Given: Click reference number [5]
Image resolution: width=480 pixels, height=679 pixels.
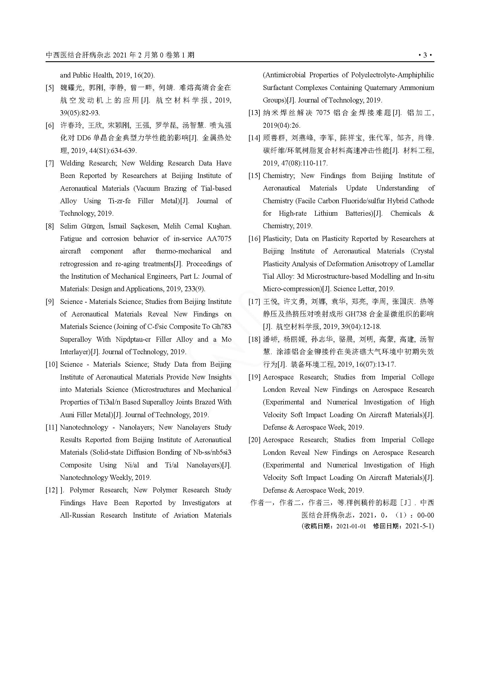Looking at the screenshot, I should (50, 88).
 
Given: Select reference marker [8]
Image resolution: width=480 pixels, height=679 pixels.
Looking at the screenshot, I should (50, 226).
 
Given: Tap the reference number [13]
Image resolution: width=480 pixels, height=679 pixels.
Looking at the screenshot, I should (255, 113).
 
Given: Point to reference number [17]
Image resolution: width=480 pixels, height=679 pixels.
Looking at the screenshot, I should (255, 302).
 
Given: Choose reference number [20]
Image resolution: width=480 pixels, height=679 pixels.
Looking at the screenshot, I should (255, 440).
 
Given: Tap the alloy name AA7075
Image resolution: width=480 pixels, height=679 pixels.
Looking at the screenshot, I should (219, 239).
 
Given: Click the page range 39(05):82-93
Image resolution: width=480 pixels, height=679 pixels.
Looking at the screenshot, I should (80, 113).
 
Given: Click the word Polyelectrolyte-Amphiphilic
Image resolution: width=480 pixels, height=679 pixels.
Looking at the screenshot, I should (393, 75).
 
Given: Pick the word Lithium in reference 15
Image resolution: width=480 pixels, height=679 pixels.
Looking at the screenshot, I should (326, 214).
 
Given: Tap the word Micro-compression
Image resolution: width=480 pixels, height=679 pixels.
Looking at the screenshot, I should (292, 289).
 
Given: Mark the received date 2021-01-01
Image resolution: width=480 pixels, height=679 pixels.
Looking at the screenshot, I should (351, 526).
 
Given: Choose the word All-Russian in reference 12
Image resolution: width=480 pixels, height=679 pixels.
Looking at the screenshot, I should (77, 516).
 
